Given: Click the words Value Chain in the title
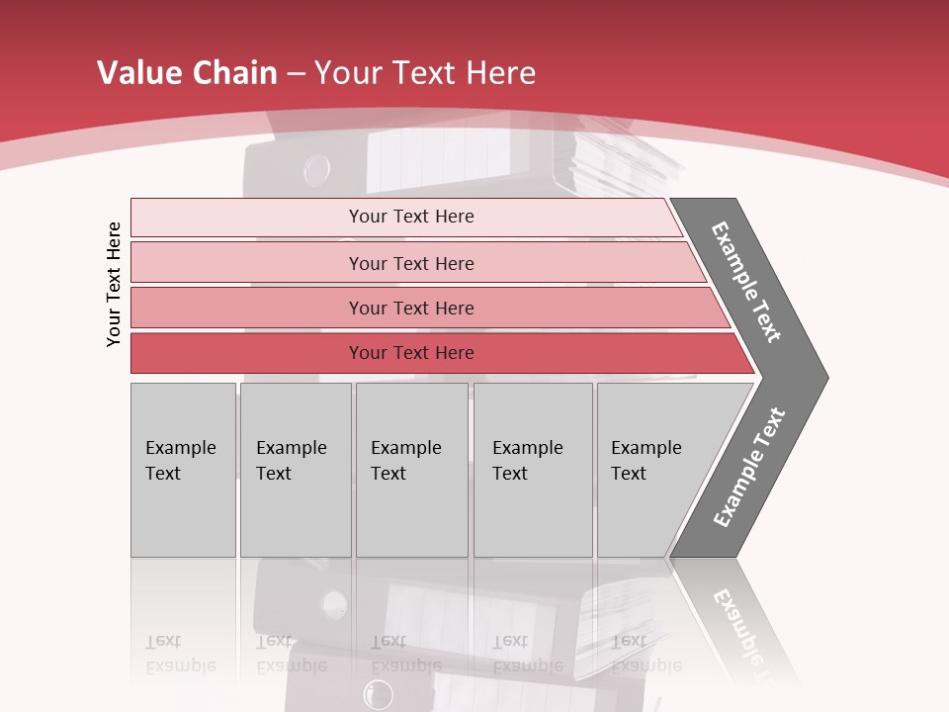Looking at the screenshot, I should click(x=187, y=73).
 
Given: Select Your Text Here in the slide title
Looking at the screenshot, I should click(x=425, y=73).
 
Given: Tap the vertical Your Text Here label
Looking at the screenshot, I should click(x=114, y=284).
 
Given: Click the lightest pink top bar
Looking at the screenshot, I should click(x=405, y=217).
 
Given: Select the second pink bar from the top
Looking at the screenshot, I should click(x=415, y=263).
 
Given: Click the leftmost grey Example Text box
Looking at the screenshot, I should click(x=183, y=470).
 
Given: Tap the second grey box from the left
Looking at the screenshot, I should click(x=296, y=470).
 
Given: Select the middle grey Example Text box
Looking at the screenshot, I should click(x=411, y=470).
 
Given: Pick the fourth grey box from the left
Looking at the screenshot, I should click(x=533, y=470).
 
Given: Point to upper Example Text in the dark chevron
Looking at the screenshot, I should click(x=746, y=282).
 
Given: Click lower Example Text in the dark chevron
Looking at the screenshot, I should click(x=749, y=468).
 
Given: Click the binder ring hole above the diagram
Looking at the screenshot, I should click(x=317, y=169).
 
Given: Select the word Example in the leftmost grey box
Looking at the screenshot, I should click(x=180, y=448).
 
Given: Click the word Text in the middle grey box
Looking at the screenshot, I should click(x=388, y=474).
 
